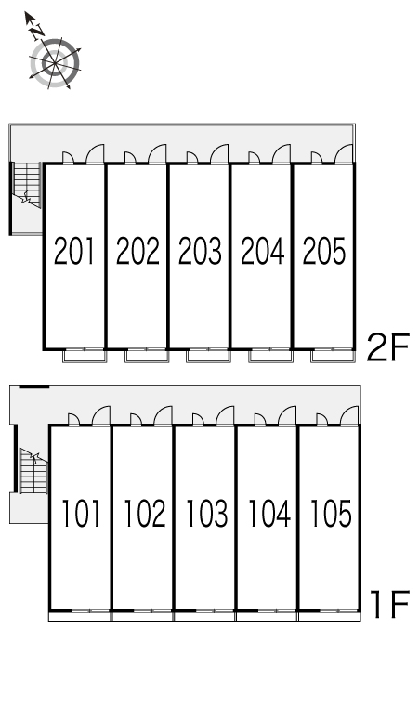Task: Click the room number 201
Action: pos(73,251)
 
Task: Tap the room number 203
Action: pos(200,251)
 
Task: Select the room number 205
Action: pos(323,251)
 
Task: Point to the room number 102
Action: pos(144,513)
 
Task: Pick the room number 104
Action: pos(269,513)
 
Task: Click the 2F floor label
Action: pos(387,347)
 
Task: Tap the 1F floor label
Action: pos(389,604)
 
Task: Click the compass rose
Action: pos(55,63)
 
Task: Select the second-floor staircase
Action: pos(27,185)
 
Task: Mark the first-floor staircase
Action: pos(33,471)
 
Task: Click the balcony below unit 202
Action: pos(147,356)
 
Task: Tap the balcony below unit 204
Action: pos(271,356)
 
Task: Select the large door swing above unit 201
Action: pos(96,153)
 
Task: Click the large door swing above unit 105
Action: pos(349,415)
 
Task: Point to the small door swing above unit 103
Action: pos(198,420)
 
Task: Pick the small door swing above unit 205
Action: pos(317,158)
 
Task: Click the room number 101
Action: pos(81,513)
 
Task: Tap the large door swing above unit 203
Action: pos(219,153)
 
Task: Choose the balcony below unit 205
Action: pos(333,356)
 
